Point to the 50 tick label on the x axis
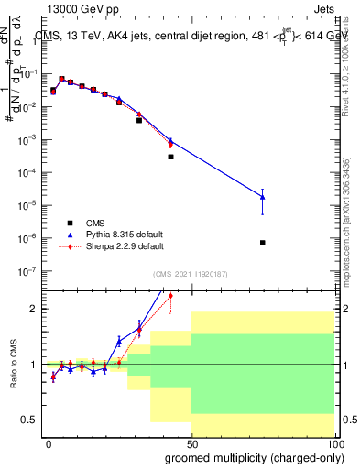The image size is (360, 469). coord(191,444)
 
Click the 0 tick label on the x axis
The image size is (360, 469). coord(49,444)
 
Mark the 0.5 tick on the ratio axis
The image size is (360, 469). coord(30,420)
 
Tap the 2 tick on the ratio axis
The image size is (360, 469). coord(35,309)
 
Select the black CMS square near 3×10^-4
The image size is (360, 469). coord(170,157)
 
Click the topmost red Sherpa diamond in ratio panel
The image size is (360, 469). coord(170,295)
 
